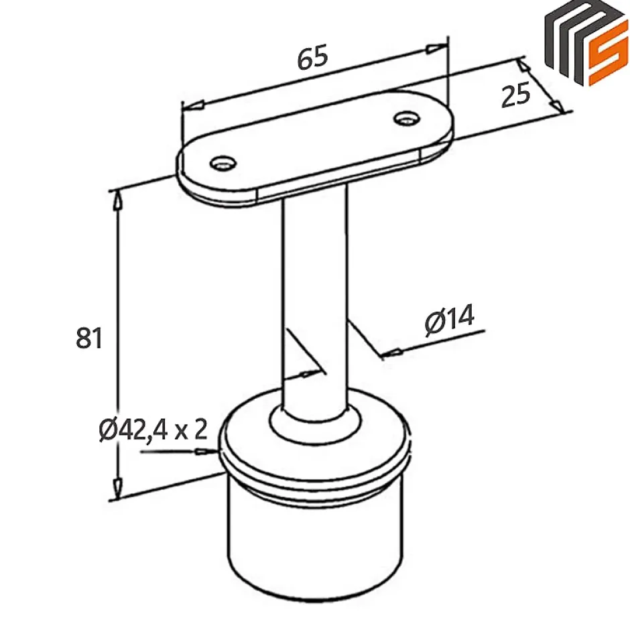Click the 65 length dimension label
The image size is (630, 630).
point(313,58)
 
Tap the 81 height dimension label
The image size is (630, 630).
point(89,338)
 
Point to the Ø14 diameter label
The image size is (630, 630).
point(449,320)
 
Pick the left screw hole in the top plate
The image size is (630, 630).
point(222,163)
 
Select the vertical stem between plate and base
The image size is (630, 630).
point(314,295)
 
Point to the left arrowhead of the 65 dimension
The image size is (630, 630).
point(193,105)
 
